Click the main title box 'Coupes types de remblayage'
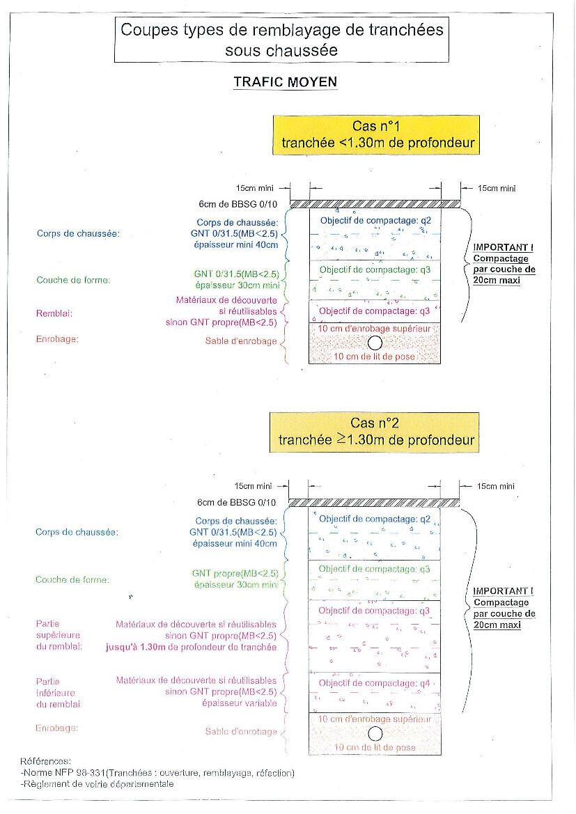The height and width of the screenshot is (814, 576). [282, 40]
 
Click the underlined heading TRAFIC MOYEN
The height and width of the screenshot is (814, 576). [285, 82]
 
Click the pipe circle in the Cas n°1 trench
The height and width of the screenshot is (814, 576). [375, 343]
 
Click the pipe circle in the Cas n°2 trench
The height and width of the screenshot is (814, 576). [375, 733]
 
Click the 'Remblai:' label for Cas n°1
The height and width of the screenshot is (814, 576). [54, 313]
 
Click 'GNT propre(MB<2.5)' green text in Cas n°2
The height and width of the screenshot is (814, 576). [235, 573]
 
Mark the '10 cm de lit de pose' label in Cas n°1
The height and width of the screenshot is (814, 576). [375, 356]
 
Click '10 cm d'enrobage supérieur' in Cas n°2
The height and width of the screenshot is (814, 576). [374, 719]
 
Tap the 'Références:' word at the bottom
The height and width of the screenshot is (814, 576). [46, 762]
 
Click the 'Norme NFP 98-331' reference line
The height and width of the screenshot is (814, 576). [157, 773]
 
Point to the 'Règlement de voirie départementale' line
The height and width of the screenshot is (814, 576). [98, 783]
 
